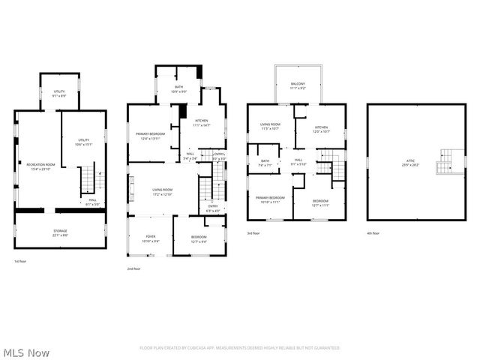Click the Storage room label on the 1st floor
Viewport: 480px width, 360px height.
tap(60, 232)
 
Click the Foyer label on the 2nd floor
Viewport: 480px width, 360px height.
tap(151, 238)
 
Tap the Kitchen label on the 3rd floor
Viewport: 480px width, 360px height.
tap(321, 129)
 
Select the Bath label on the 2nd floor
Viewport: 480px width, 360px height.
tap(178, 89)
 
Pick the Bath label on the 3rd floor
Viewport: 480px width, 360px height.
tap(265, 163)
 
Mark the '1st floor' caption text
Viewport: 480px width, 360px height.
tap(20, 262)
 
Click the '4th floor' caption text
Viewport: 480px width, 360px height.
tap(373, 233)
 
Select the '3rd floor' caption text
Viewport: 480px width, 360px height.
tap(253, 233)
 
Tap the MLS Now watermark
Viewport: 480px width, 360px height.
tap(26, 352)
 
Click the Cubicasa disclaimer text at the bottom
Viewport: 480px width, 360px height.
tap(239, 348)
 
